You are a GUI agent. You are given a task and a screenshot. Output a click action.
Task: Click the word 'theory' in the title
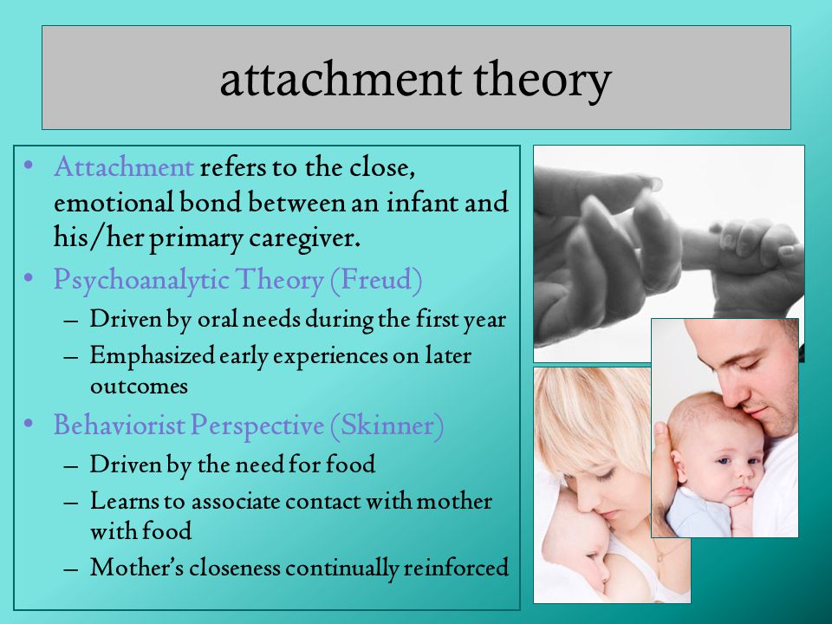pos(542,80)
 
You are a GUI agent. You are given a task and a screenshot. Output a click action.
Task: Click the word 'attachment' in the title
pos(340,79)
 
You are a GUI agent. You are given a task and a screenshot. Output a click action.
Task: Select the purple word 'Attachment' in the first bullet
pos(124,166)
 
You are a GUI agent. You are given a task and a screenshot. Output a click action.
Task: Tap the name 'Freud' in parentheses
pos(376,279)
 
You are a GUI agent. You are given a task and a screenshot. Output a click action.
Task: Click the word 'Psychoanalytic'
pos(140,281)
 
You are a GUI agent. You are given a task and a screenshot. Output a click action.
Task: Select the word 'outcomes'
pos(139,387)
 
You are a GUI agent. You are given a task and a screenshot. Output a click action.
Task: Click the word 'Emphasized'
pos(153,356)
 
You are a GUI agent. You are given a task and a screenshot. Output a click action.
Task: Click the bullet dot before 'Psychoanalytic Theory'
pos(29,278)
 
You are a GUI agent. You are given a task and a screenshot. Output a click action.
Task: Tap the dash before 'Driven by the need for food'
pos(71,466)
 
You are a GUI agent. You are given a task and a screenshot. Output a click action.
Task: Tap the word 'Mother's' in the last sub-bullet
pos(137,567)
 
